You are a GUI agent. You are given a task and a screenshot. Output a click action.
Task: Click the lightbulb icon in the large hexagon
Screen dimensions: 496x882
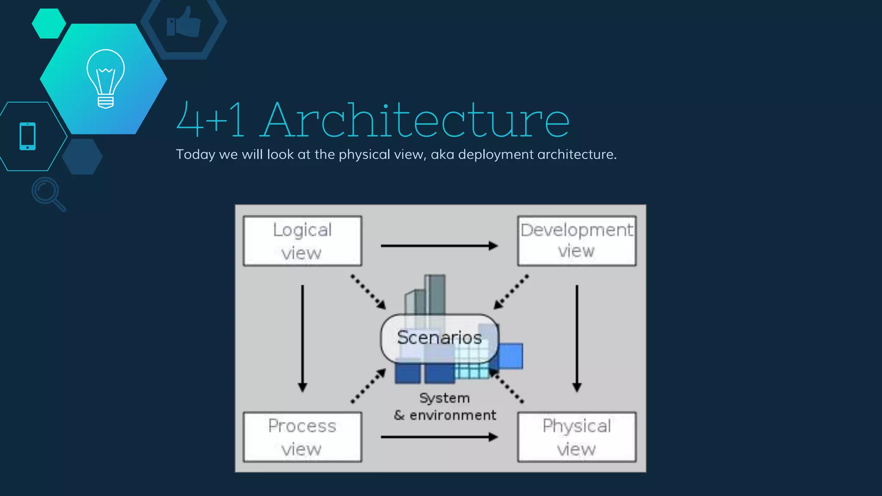pyautogui.click(x=106, y=78)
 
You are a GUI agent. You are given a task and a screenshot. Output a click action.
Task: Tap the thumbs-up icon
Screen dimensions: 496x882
pyautogui.click(x=184, y=22)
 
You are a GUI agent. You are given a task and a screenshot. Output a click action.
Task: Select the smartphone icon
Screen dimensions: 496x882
pyautogui.click(x=28, y=136)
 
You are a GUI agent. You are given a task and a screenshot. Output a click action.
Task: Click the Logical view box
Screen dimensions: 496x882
pyautogui.click(x=302, y=241)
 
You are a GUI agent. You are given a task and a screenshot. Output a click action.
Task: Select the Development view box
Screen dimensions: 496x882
pyautogui.click(x=577, y=241)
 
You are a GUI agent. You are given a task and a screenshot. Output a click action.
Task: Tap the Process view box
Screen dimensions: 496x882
pyautogui.click(x=302, y=437)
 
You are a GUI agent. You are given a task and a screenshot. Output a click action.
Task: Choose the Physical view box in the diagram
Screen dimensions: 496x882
pyautogui.click(x=577, y=437)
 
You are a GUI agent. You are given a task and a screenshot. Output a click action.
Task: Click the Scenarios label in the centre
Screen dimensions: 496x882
pyautogui.click(x=439, y=338)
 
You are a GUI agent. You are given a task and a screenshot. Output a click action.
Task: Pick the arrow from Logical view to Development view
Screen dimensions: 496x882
pyautogui.click(x=439, y=246)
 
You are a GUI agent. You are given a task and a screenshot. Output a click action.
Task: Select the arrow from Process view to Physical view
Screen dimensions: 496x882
pyautogui.click(x=439, y=437)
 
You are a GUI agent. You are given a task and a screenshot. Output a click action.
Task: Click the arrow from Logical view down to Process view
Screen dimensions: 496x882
pyautogui.click(x=302, y=338)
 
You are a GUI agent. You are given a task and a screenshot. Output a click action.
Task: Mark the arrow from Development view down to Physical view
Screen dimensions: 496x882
pyautogui.click(x=577, y=338)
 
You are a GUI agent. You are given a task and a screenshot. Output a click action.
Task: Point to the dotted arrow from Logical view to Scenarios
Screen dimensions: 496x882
pyautogui.click(x=368, y=292)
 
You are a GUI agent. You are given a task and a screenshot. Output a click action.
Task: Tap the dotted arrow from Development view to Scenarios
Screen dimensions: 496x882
pyautogui.click(x=511, y=292)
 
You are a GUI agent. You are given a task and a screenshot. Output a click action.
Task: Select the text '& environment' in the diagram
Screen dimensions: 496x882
pyautogui.click(x=445, y=415)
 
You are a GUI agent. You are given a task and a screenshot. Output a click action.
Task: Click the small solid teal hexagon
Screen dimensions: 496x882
pyautogui.click(x=49, y=24)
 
